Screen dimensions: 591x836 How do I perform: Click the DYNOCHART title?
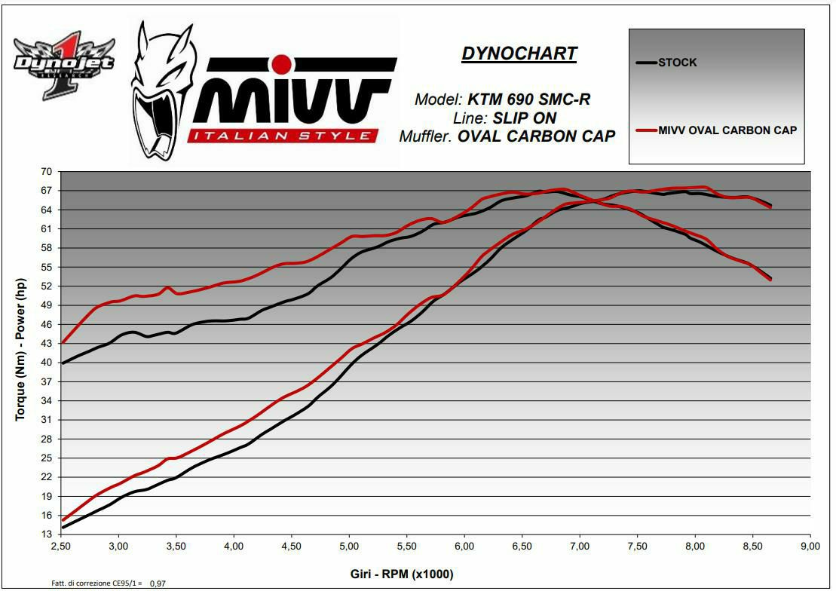(519, 54)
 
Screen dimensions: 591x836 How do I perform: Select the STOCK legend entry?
(677, 63)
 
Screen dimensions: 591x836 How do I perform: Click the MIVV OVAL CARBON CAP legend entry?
(727, 130)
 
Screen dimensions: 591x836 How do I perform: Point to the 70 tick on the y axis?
(47, 172)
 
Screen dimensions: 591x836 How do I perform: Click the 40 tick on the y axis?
(47, 363)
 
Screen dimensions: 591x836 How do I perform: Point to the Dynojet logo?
(64, 63)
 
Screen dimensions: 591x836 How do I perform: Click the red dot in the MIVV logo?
(281, 62)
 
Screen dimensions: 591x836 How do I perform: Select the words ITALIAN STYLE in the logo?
(283, 136)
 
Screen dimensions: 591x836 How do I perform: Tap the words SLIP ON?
(525, 118)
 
